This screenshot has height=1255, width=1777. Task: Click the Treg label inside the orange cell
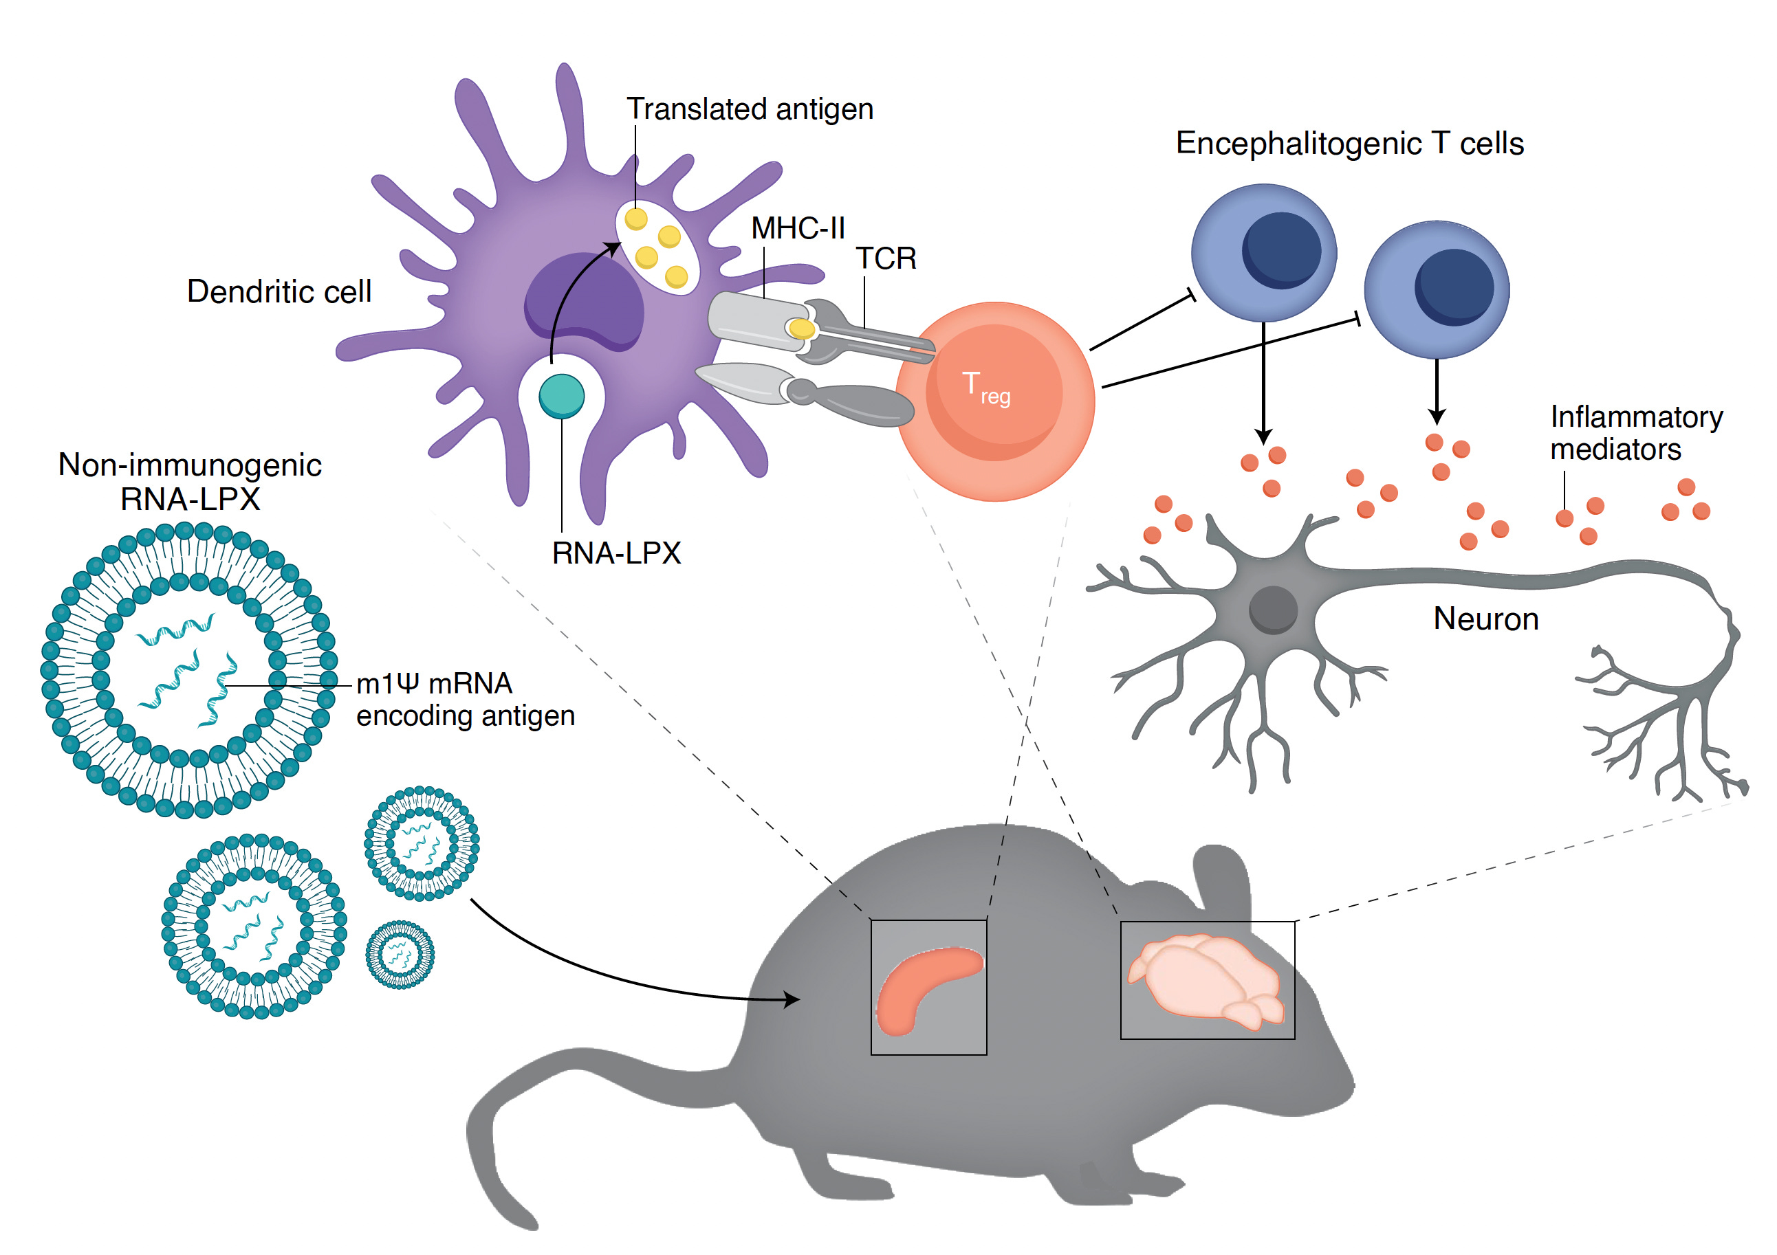tap(985, 387)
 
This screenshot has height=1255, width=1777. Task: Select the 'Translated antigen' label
tap(749, 109)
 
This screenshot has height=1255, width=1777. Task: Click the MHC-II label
tap(797, 228)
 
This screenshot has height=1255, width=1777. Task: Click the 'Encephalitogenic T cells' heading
tap(1349, 144)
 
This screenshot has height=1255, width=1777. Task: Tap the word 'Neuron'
tap(1485, 619)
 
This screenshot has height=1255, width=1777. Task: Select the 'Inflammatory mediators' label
tap(1635, 433)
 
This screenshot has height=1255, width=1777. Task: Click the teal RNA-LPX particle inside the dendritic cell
tap(561, 396)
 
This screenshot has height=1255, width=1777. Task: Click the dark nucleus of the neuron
tap(1272, 610)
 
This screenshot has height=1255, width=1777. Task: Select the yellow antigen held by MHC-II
tap(802, 329)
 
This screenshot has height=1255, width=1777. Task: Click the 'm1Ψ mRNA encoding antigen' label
tap(464, 700)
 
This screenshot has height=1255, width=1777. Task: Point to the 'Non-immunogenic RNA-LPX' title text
tap(190, 481)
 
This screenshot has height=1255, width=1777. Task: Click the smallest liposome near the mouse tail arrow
tap(400, 954)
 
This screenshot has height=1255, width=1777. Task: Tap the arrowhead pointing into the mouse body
tap(791, 999)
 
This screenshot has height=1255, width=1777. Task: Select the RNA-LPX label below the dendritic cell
tap(616, 553)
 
